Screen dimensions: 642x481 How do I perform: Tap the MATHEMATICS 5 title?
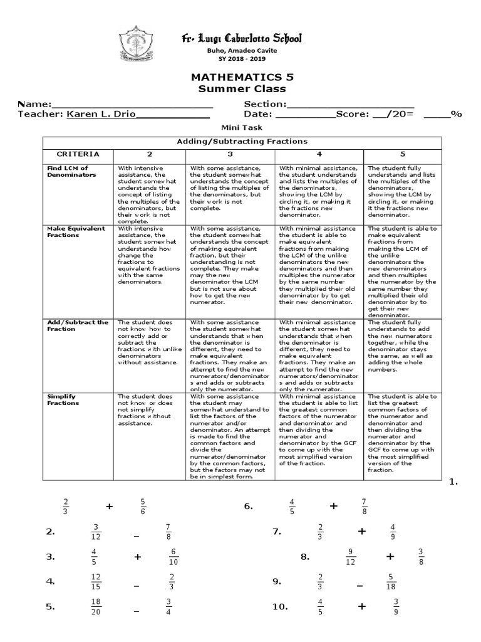pyautogui.click(x=241, y=77)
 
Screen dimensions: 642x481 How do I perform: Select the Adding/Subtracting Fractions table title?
pyautogui.click(x=241, y=142)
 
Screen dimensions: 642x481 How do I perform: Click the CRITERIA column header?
pyautogui.click(x=78, y=154)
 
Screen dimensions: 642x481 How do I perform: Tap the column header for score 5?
pyautogui.click(x=403, y=154)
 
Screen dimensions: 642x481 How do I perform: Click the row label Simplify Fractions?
pyautogui.click(x=63, y=399)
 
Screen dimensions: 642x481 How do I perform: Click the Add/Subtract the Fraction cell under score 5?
pyautogui.click(x=403, y=344)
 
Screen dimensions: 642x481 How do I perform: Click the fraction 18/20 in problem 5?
pyautogui.click(x=96, y=607)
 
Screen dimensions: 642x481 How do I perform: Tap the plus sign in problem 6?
pyautogui.click(x=333, y=506)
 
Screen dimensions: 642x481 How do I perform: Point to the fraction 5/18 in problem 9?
pyautogui.click(x=390, y=582)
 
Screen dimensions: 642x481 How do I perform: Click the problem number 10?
pyautogui.click(x=279, y=607)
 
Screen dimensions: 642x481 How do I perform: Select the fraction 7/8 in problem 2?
pyautogui.click(x=168, y=532)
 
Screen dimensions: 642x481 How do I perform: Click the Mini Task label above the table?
pyautogui.click(x=241, y=127)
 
